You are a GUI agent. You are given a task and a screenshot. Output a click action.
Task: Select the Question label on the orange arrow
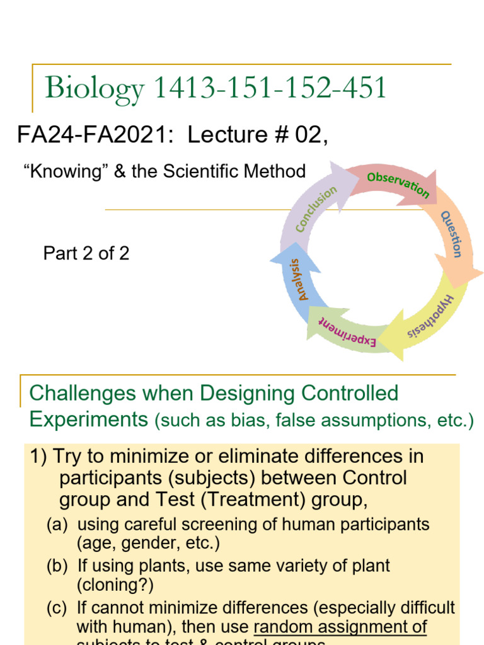[452, 234]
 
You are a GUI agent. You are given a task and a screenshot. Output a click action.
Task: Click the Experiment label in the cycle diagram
[347, 331]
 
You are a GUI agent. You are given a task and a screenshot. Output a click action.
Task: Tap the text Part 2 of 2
[86, 253]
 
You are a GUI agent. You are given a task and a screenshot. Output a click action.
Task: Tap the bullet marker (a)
[57, 524]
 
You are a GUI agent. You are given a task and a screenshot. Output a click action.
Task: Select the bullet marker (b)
[57, 565]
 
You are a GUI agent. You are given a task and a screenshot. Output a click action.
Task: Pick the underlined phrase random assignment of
[340, 627]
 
